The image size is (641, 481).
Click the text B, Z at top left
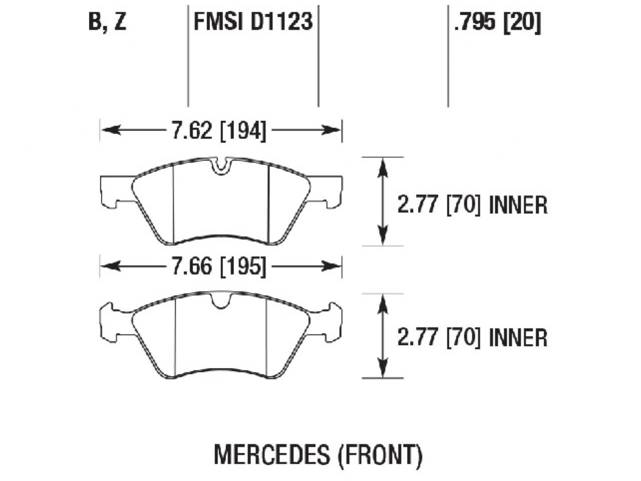pyautogui.click(x=107, y=23)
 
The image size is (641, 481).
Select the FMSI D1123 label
pyautogui.click(x=253, y=23)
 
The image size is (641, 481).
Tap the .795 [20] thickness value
pyautogui.click(x=497, y=23)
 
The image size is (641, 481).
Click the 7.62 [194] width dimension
pyautogui.click(x=219, y=131)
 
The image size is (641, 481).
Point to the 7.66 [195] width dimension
pyautogui.click(x=219, y=267)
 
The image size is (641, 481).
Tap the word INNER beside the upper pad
pyautogui.click(x=518, y=205)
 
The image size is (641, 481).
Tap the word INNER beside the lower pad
pyautogui.click(x=518, y=338)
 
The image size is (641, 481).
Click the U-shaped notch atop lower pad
pyautogui.click(x=221, y=300)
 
